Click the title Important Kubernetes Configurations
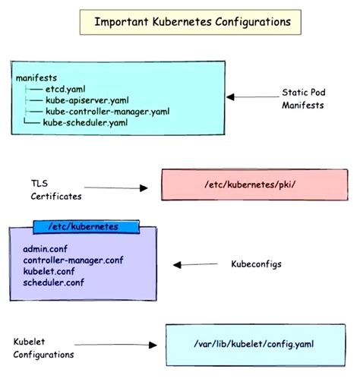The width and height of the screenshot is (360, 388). (192, 21)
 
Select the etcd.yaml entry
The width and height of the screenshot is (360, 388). (65, 88)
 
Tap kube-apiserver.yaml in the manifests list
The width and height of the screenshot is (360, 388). (86, 99)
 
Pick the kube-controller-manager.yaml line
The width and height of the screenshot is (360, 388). (106, 111)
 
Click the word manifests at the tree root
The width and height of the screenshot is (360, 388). (36, 77)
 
